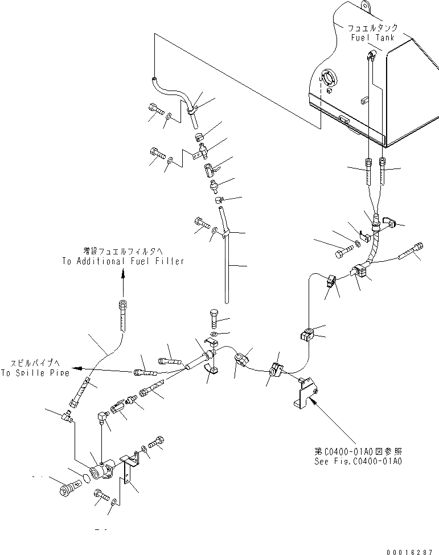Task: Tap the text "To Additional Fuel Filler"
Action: tap(123, 261)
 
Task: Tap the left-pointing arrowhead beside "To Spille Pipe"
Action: tap(77, 368)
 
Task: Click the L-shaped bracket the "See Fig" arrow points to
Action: tap(303, 393)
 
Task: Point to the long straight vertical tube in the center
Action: tap(226, 268)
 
